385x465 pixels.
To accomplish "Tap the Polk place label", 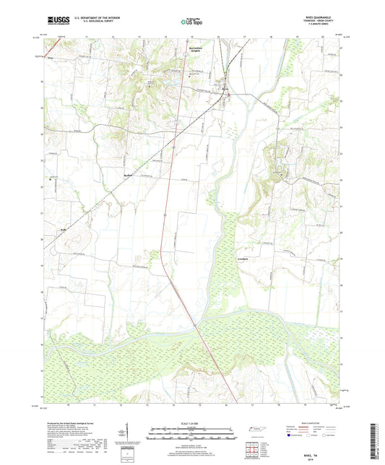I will coord(64,232).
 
